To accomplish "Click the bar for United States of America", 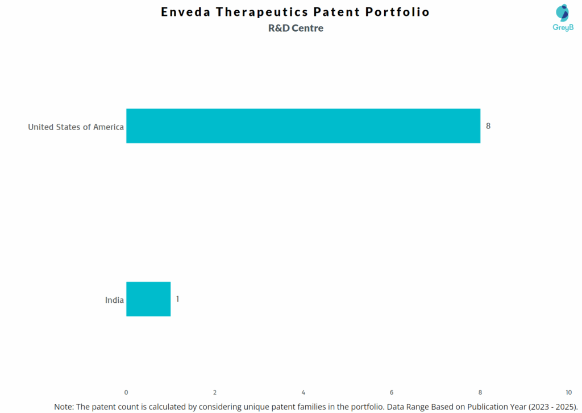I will [x=303, y=126].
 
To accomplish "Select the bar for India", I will [x=148, y=299].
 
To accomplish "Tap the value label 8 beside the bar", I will [x=488, y=126].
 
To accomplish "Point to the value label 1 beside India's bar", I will [x=177, y=298].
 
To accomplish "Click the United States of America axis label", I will [x=76, y=127].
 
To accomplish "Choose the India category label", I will [x=114, y=300].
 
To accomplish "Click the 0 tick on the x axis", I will [x=126, y=393].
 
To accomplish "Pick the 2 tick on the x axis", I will [x=215, y=393].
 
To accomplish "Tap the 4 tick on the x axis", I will [x=304, y=393].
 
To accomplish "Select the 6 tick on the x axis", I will [x=392, y=393].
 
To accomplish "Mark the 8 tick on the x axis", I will [x=480, y=393].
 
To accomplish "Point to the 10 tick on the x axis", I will [x=568, y=393].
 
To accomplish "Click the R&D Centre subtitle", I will [x=296, y=28].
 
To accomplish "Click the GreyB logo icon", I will [x=562, y=12].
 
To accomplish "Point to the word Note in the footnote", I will [x=64, y=407].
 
